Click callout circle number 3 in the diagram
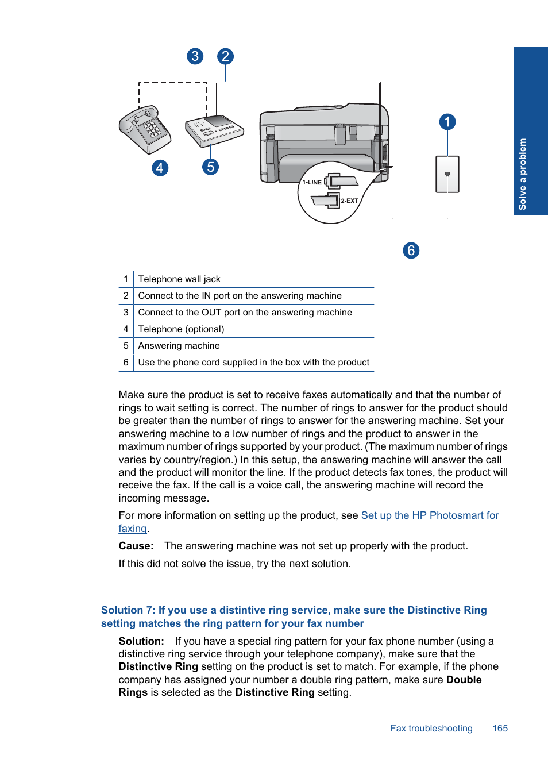(x=195, y=56)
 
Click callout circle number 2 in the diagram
(x=225, y=56)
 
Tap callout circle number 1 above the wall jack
(x=447, y=122)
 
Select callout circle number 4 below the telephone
(x=160, y=168)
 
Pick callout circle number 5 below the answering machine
(x=211, y=167)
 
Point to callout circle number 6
(x=411, y=251)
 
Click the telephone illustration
(x=145, y=129)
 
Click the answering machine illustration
(x=214, y=130)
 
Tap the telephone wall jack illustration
(x=447, y=174)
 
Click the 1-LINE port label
(x=312, y=182)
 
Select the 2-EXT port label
(x=349, y=201)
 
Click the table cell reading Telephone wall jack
(x=179, y=279)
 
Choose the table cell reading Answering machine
(x=179, y=346)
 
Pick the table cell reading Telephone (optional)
(x=181, y=329)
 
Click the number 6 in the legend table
(x=126, y=363)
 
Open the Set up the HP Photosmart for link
(x=430, y=515)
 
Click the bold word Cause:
(x=136, y=546)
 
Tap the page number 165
(x=500, y=729)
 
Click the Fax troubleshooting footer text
(x=431, y=729)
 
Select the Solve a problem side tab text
(x=523, y=174)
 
